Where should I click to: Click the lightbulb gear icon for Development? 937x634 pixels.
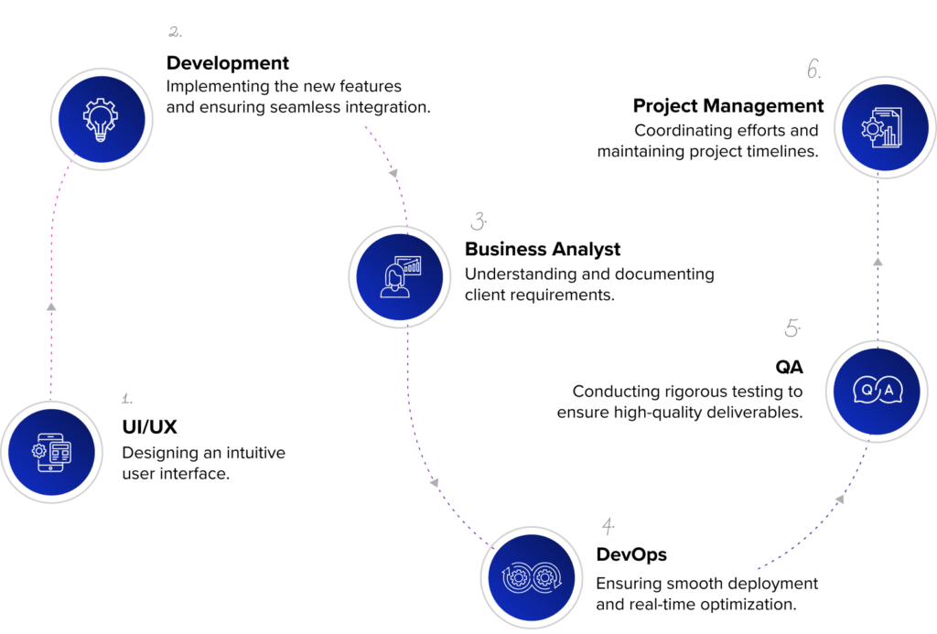(x=101, y=120)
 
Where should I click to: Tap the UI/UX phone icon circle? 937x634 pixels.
(x=51, y=452)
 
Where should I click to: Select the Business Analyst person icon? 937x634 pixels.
(x=400, y=277)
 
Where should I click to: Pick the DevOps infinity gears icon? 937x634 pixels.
(x=532, y=578)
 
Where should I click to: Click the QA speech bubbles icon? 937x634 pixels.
(x=878, y=391)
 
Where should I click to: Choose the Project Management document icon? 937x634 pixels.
(x=882, y=127)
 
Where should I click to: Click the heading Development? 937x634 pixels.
(x=228, y=63)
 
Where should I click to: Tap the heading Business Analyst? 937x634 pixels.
(x=543, y=249)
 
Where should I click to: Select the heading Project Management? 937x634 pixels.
(x=728, y=106)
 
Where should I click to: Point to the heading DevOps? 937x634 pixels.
(x=631, y=554)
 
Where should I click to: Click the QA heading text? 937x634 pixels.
(x=789, y=367)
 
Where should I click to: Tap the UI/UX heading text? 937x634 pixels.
(x=149, y=426)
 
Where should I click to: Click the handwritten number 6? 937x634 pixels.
(x=813, y=70)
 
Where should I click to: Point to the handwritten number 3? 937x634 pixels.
(x=478, y=221)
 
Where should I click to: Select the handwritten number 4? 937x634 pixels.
(x=608, y=526)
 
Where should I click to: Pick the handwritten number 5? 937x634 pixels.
(x=792, y=328)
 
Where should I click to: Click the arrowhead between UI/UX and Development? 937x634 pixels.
(x=51, y=306)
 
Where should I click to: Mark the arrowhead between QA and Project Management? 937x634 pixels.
(x=878, y=262)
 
